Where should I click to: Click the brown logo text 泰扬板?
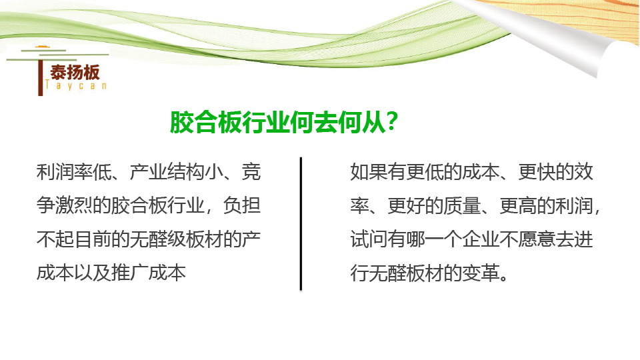tap(75, 72)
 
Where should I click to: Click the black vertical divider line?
tap(301, 224)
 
